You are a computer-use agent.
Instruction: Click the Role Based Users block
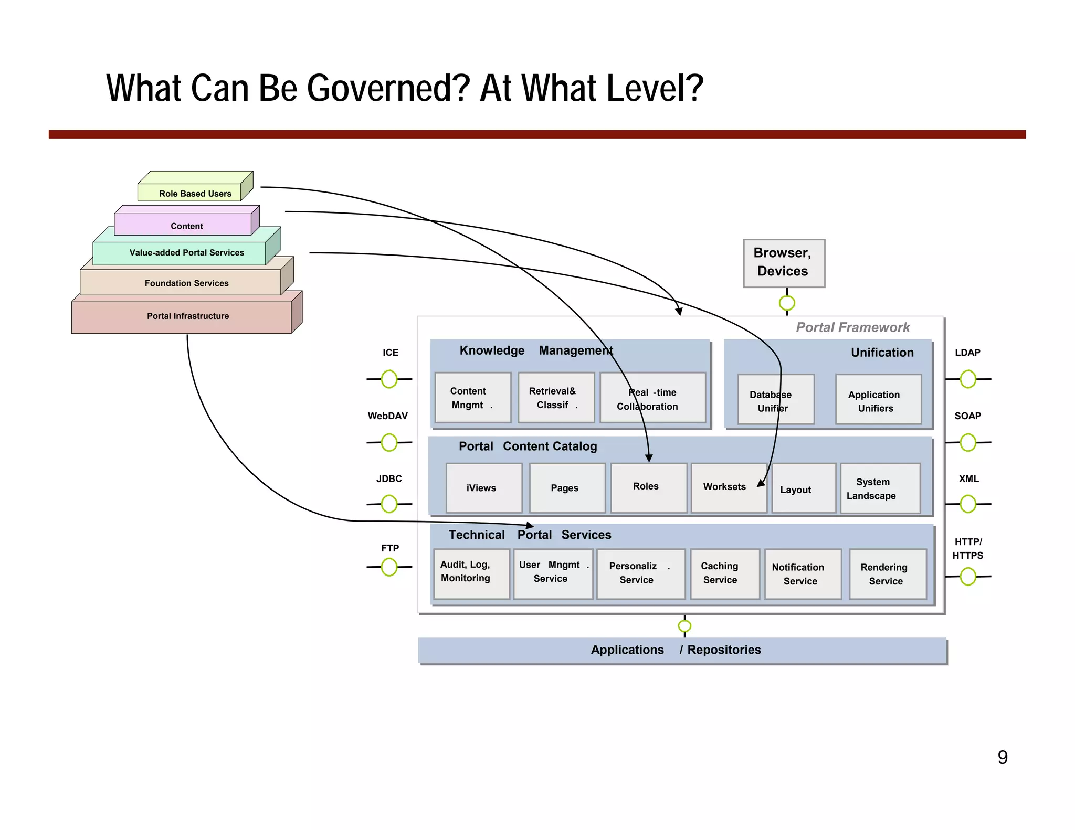195,193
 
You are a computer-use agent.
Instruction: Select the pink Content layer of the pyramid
186,225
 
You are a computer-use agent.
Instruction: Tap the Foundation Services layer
186,283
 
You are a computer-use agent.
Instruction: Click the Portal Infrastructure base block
187,316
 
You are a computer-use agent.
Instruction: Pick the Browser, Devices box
783,263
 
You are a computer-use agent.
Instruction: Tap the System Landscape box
879,488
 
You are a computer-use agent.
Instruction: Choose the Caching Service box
724,573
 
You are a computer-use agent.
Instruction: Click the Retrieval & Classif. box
555,398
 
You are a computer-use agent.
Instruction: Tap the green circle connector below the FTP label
389,567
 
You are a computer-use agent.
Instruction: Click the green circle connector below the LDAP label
967,379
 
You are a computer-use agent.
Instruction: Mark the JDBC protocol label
389,478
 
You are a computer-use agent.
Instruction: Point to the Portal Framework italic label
852,327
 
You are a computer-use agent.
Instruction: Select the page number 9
1002,757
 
